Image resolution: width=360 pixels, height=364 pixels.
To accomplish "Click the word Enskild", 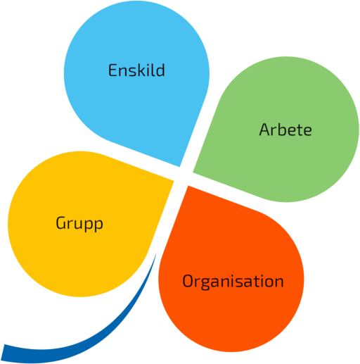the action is click(x=136, y=70).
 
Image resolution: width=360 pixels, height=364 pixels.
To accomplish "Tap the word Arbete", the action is click(x=285, y=130).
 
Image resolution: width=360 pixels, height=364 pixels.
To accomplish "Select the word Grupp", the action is click(x=79, y=224).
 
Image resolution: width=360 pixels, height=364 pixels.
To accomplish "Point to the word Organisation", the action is click(x=233, y=282).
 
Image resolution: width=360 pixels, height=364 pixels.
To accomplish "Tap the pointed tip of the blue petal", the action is click(x=179, y=167).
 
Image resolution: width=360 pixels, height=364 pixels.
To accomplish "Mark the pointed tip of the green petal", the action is click(x=193, y=172).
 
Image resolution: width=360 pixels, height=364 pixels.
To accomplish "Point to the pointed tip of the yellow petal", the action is click(x=174, y=181).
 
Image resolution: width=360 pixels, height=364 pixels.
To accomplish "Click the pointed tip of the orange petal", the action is click(x=188, y=186).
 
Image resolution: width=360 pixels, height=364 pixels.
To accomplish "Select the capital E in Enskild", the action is click(x=112, y=70).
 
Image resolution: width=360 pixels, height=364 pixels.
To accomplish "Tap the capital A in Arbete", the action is click(x=264, y=130).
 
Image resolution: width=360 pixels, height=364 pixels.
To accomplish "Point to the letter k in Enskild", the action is click(x=141, y=70).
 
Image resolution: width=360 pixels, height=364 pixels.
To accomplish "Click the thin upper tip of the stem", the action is click(x=156, y=253).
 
